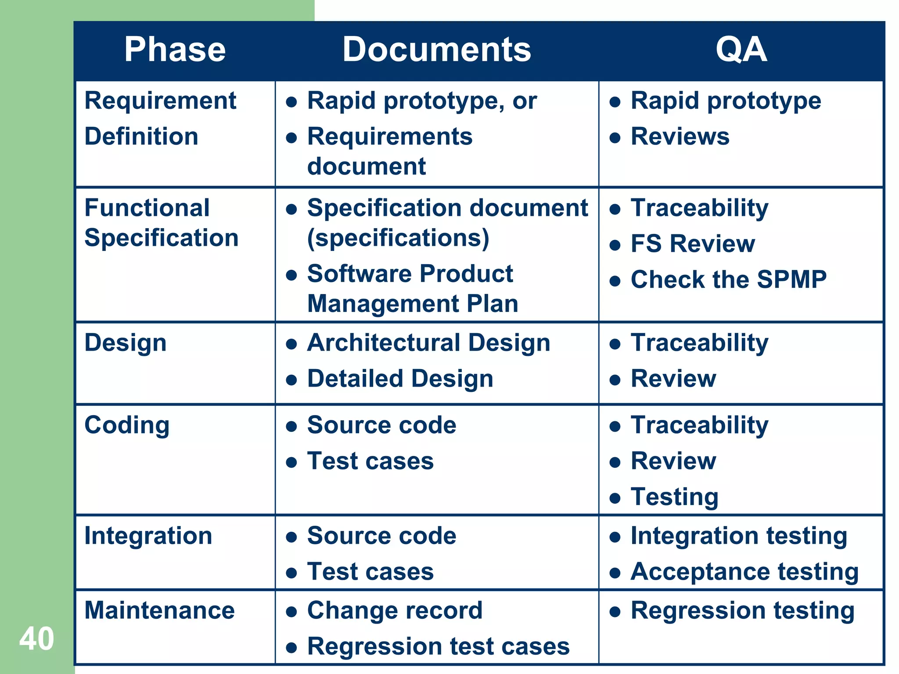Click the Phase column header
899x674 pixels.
[x=175, y=50]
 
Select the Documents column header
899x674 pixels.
[x=436, y=50]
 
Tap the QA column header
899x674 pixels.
[x=741, y=50]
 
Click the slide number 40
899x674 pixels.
[x=36, y=639]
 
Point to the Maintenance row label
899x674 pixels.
[x=159, y=610]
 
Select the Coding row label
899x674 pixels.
[x=127, y=425]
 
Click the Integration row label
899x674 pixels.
[x=148, y=536]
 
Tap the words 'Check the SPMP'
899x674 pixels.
[x=728, y=280]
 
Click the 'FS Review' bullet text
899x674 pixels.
[x=693, y=244]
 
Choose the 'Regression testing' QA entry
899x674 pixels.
[x=742, y=610]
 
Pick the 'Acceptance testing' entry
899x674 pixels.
[x=744, y=572]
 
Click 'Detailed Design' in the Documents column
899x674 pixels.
[x=400, y=379]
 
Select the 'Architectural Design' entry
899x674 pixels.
[x=428, y=343]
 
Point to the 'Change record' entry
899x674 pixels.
[x=395, y=610]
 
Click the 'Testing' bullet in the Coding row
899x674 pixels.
[x=674, y=497]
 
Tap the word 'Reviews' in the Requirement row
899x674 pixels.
[x=680, y=136]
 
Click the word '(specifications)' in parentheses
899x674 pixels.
[x=398, y=238]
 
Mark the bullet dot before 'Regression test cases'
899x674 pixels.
[x=291, y=647]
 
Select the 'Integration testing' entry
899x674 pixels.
[x=739, y=536]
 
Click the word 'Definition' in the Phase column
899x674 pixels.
[x=141, y=136]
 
